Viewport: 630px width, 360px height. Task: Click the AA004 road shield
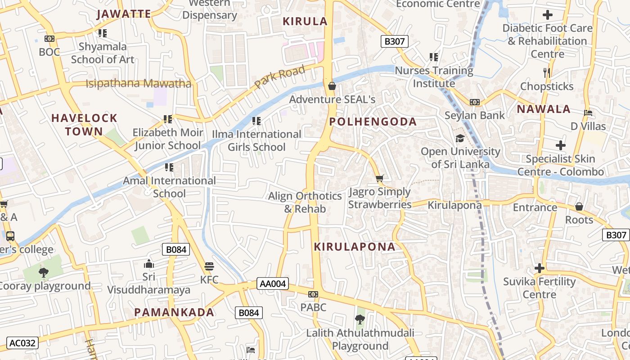pos(273,283)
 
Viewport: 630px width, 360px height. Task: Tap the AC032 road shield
pos(22,343)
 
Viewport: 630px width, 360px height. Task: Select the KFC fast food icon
pos(209,266)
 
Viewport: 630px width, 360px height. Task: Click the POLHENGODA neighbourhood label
pos(373,122)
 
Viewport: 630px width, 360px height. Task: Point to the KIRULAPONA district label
pos(355,247)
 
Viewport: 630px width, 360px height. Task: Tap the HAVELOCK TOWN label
pos(84,125)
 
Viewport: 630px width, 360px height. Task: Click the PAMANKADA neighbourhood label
pos(174,312)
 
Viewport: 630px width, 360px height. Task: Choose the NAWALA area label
pos(544,109)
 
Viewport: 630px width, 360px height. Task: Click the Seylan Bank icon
pos(475,102)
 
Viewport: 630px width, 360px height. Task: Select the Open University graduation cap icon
pos(460,138)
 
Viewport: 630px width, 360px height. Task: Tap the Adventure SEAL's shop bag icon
pos(332,85)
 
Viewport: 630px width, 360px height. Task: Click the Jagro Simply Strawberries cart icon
pos(380,179)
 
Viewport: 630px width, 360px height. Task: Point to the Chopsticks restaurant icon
pos(547,72)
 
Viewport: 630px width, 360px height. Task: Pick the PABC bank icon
pos(313,294)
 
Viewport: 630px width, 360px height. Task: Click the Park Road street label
pos(279,76)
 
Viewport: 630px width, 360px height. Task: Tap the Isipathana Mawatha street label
pos(138,83)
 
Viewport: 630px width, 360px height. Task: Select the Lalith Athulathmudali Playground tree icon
pos(360,319)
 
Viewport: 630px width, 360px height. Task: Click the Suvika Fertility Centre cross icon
pos(539,269)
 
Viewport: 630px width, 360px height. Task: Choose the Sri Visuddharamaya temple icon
pos(148,263)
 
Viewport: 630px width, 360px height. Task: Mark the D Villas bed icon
pos(588,112)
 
